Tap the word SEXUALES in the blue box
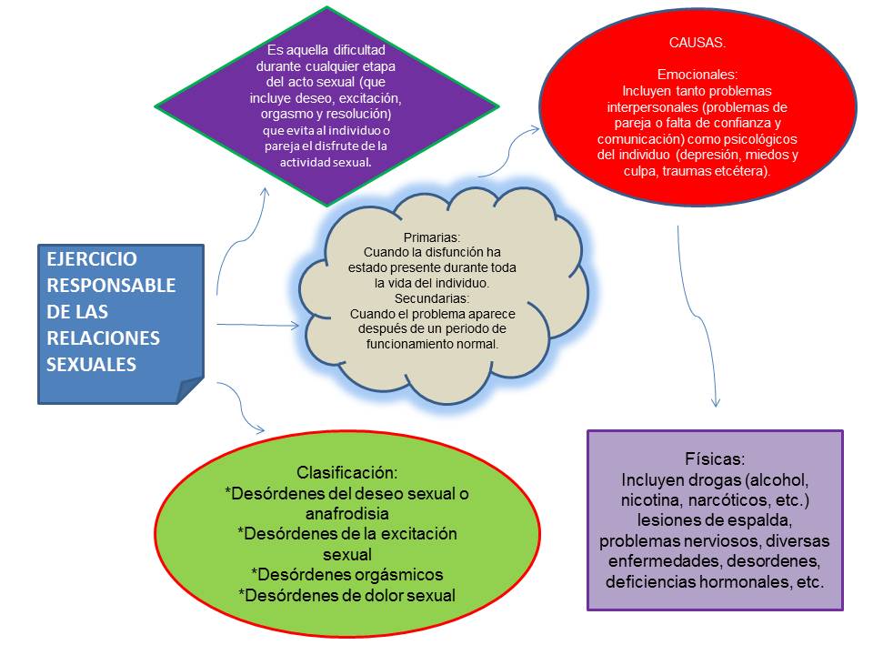tap(91, 364)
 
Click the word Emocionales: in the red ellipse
tap(697, 75)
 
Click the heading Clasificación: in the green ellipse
tap(347, 473)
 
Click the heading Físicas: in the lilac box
tap(715, 458)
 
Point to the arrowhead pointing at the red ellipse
tap(536, 131)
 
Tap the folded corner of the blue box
tap(191, 390)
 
